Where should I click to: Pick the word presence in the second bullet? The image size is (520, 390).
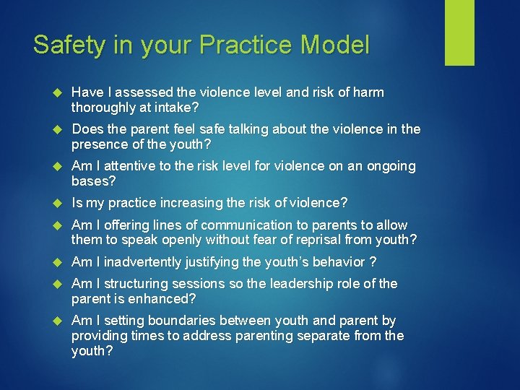(x=98, y=144)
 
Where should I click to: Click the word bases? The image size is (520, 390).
(x=90, y=181)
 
